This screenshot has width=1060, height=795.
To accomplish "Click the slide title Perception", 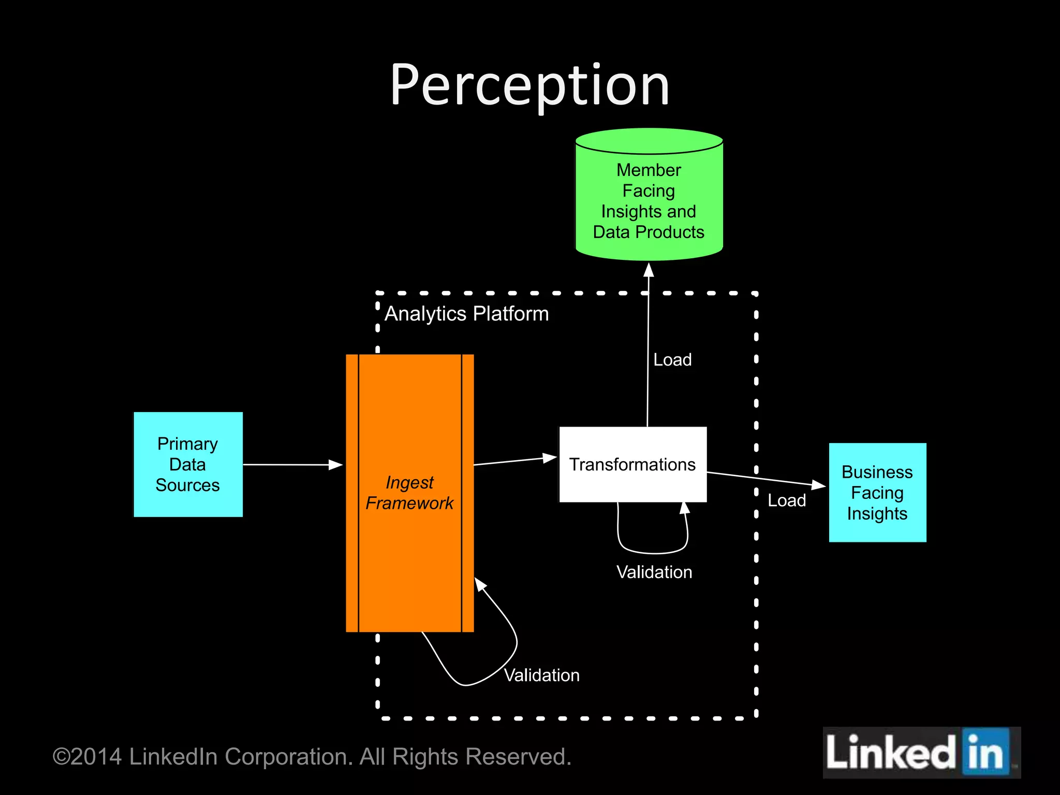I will pyautogui.click(x=529, y=85).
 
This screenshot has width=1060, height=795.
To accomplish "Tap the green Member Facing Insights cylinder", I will pyautogui.click(x=649, y=202).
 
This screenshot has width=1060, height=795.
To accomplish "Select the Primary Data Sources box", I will pyautogui.click(x=188, y=464).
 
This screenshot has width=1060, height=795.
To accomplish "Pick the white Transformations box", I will pyautogui.click(x=632, y=464).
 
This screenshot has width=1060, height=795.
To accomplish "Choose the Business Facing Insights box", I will pyautogui.click(x=877, y=492).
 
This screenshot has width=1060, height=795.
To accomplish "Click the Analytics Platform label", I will pyautogui.click(x=466, y=314).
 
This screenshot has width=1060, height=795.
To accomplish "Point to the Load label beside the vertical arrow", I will pyautogui.click(x=672, y=360).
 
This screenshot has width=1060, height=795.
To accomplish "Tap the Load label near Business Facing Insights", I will pyautogui.click(x=786, y=500).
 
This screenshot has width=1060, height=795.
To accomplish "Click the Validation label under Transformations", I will pyautogui.click(x=654, y=572).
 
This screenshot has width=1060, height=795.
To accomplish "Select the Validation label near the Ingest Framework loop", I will pyautogui.click(x=541, y=675).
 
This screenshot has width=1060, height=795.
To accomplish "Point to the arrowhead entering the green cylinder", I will pyautogui.click(x=649, y=270).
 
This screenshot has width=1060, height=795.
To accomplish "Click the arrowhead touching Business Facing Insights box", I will pyautogui.click(x=819, y=484).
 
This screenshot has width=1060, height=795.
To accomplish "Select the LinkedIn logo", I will pyautogui.click(x=921, y=753).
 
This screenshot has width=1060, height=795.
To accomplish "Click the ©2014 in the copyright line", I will pyautogui.click(x=87, y=757).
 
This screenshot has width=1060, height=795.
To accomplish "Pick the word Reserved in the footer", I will pyautogui.click(x=518, y=757).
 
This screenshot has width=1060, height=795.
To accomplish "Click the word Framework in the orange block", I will pyautogui.click(x=409, y=503).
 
